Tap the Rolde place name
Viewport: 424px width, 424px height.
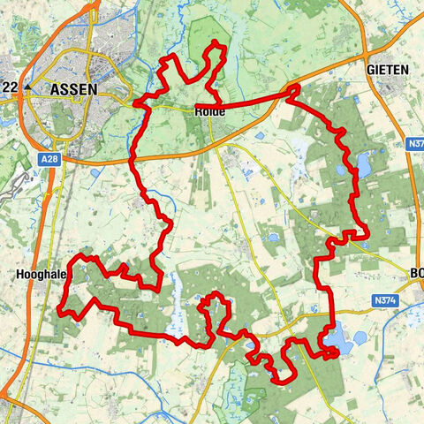point(208,112)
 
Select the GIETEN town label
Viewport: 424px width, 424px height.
point(388,69)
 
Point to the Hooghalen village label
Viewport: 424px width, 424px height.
point(39,275)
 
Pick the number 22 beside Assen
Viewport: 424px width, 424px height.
point(11,87)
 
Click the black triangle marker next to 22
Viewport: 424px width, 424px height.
point(28,87)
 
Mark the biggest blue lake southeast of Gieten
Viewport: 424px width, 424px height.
point(364,164)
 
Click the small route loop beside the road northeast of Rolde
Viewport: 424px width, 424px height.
point(292,90)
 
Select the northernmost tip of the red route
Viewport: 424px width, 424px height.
point(216,44)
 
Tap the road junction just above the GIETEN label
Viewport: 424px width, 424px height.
point(386,51)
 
